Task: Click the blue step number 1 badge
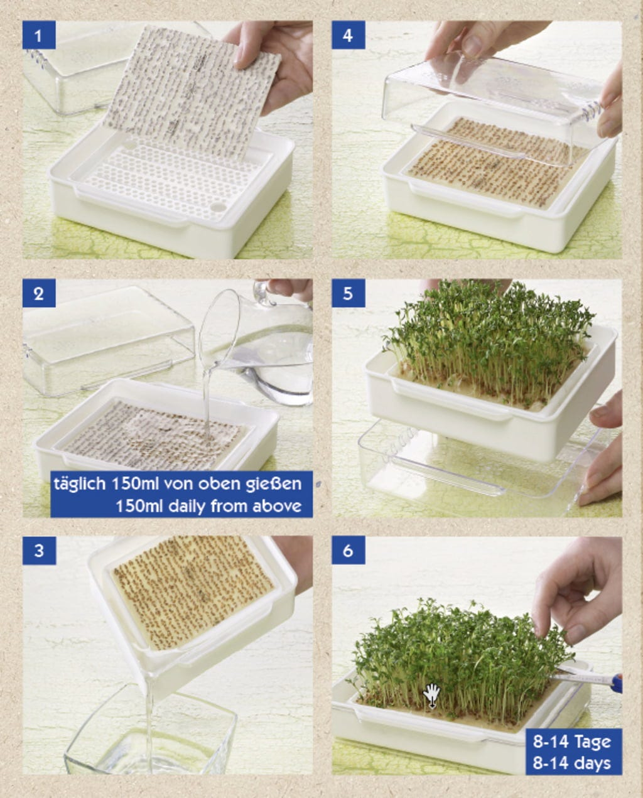tap(39, 35)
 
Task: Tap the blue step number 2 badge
tap(39, 293)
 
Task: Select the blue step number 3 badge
tap(39, 551)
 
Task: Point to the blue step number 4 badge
tap(348, 35)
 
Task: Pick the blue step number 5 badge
tap(348, 293)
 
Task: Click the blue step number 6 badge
tap(348, 551)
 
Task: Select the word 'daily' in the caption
tap(185, 506)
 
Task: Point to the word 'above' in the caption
tap(277, 506)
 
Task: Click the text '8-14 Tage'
tap(572, 741)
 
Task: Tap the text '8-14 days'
tap(572, 763)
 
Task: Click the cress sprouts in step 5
tap(486, 341)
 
